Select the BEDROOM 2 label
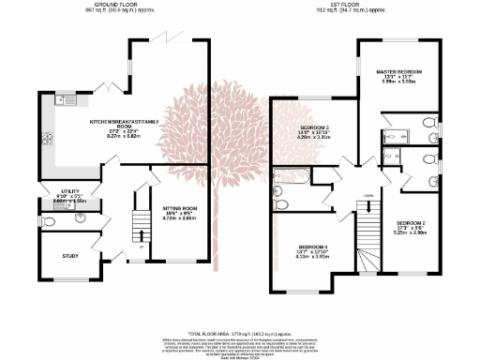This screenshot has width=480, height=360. point(412,218)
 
